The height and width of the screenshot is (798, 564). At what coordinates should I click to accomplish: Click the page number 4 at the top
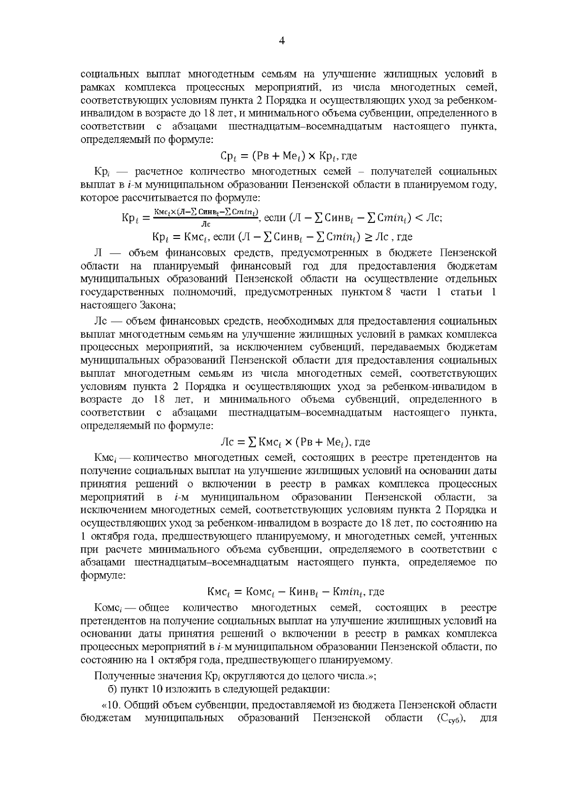282,41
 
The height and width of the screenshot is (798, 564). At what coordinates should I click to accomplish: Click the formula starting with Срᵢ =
289,156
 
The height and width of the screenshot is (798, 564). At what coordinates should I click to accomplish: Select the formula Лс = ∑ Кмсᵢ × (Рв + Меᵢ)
295,442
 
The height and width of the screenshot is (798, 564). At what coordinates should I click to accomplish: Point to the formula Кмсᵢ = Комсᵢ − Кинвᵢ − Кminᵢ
296,592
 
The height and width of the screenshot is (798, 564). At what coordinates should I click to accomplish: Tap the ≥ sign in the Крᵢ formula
360,236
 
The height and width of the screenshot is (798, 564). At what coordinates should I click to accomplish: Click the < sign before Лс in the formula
418,218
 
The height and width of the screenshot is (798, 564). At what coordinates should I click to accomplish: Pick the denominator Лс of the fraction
206,224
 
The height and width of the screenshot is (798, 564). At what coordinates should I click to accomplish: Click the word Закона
157,305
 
